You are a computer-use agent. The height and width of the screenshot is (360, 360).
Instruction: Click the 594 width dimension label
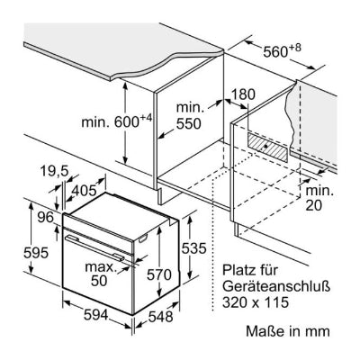[95, 315]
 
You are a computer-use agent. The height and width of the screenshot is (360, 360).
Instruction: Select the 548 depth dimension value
[160, 317]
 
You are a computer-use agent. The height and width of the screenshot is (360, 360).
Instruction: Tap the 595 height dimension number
[36, 253]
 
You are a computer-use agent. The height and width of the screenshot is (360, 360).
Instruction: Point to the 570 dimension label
[159, 274]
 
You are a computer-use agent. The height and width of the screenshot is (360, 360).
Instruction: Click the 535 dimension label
[194, 248]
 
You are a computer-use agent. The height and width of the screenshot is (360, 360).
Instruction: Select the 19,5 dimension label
[55, 171]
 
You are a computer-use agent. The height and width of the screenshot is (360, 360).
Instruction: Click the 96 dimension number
[45, 218]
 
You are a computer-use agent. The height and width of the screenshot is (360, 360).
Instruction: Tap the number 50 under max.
[99, 281]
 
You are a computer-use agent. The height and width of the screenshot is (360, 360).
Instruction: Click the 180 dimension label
[243, 94]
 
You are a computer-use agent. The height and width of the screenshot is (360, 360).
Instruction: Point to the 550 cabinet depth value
[188, 123]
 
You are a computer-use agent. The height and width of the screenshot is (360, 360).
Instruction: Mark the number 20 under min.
[314, 205]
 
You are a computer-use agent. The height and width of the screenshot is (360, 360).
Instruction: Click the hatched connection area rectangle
[267, 147]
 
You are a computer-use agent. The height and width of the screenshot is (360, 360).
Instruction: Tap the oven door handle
[95, 248]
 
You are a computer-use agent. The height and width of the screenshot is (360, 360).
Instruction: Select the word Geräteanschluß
[276, 285]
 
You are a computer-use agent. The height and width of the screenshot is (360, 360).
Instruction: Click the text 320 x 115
[256, 301]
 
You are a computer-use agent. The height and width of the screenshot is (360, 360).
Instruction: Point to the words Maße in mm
[288, 331]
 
